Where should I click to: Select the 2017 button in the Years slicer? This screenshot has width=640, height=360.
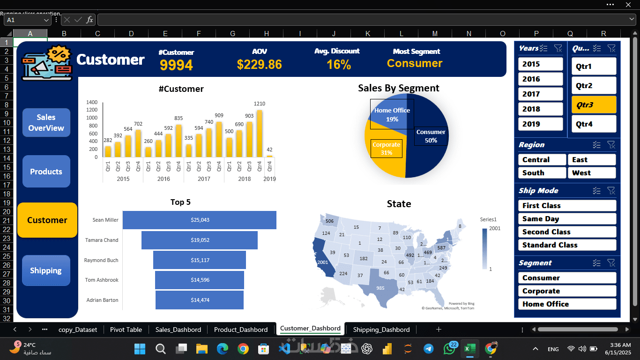coord(540,94)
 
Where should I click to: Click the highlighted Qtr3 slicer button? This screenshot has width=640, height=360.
coord(594,105)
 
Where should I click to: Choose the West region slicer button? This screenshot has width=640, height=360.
coord(591,173)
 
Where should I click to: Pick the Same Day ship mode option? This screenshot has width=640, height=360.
coord(567,219)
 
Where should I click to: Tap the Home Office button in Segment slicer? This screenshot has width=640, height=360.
coord(567,304)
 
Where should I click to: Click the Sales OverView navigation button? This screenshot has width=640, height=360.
coord(46,123)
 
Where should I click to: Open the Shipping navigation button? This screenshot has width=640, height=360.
coord(46,270)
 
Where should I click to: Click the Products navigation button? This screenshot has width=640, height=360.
coord(46,172)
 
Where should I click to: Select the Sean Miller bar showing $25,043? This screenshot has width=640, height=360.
coord(200,220)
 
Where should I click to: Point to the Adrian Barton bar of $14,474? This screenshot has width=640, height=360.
coord(200,300)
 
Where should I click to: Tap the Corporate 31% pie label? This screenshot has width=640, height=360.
coord(387,149)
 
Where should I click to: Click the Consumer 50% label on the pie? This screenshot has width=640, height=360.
coord(431,136)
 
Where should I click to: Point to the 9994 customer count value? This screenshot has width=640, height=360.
coord(176,65)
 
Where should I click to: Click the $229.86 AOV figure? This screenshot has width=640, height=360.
coord(259,65)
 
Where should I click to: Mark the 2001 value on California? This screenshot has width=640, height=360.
coord(322,262)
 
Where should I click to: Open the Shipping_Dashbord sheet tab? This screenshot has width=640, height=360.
coord(381,330)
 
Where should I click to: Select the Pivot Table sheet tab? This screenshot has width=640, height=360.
coord(126,330)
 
